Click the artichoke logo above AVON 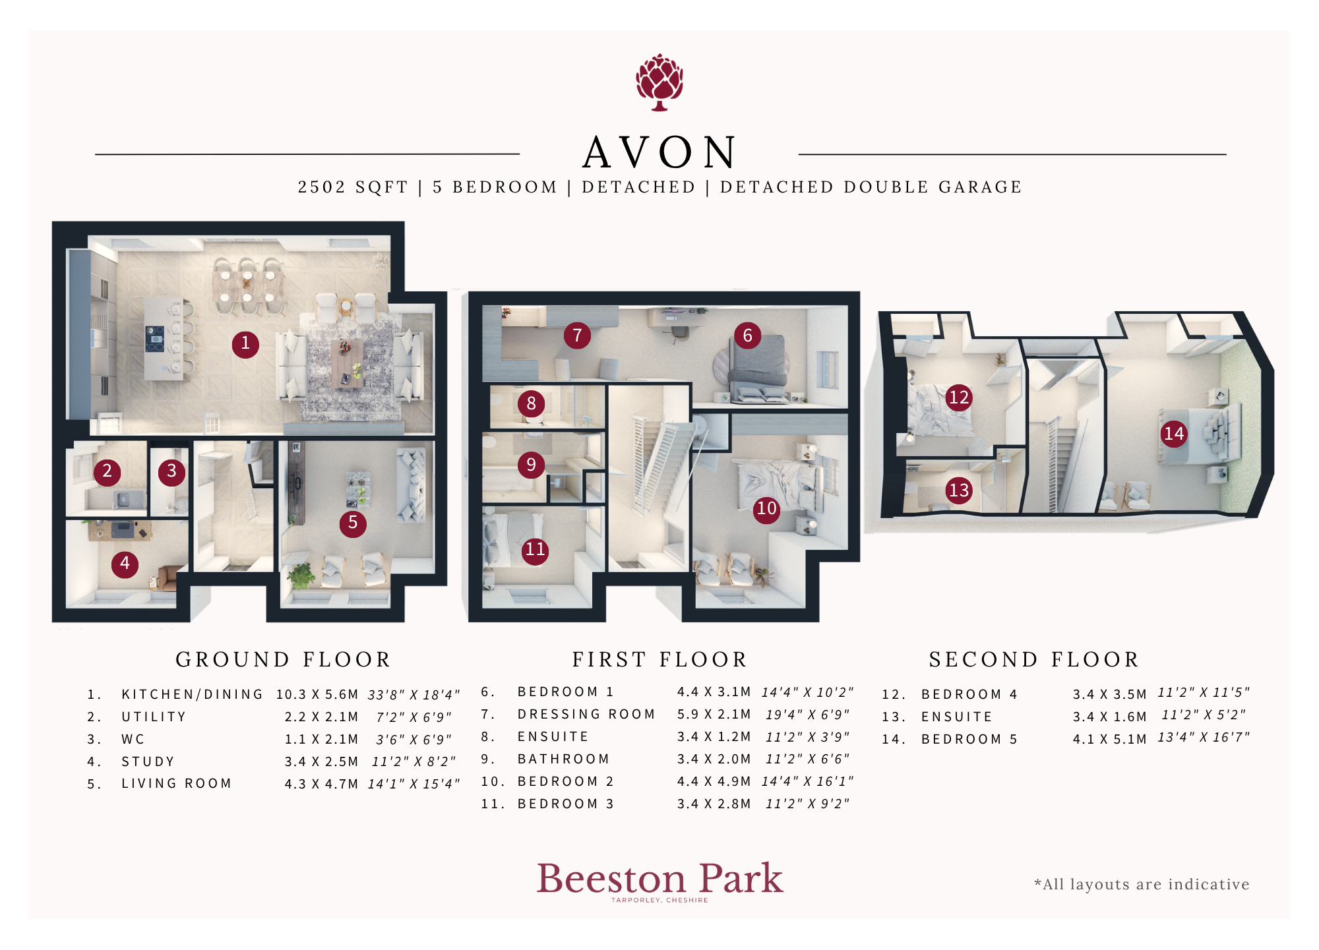[x=659, y=82]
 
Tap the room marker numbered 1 [x=245, y=343]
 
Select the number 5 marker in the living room [x=353, y=523]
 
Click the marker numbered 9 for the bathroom [x=531, y=465]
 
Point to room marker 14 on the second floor [x=1174, y=434]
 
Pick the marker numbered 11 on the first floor [x=535, y=550]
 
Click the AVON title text [x=659, y=152]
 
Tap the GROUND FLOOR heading [x=284, y=659]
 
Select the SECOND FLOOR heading [x=1034, y=659]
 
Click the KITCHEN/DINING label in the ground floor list [x=192, y=694]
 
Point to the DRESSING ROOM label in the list [x=586, y=714]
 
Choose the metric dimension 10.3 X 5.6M [x=317, y=695]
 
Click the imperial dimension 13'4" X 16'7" [x=1204, y=737]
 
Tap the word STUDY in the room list [x=148, y=761]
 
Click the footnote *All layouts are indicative [x=1142, y=884]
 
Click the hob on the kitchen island [x=155, y=339]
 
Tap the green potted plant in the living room [x=301, y=575]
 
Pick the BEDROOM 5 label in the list [x=969, y=739]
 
